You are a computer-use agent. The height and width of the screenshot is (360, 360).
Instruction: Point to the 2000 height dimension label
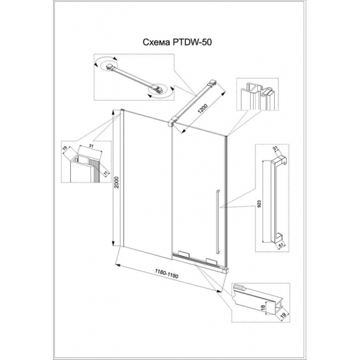click(x=117, y=184)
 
